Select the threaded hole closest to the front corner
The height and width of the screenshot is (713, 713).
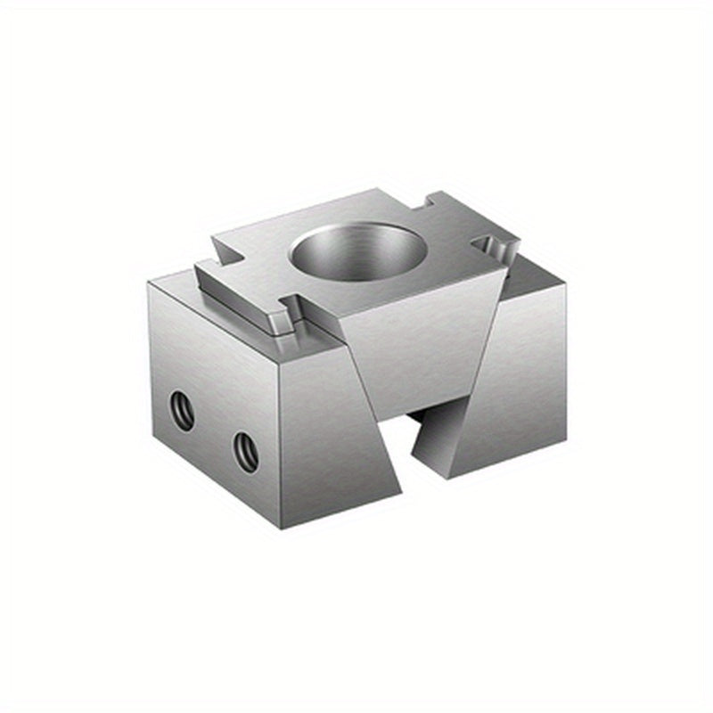[247, 451]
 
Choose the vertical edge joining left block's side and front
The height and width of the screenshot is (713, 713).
[281, 446]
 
